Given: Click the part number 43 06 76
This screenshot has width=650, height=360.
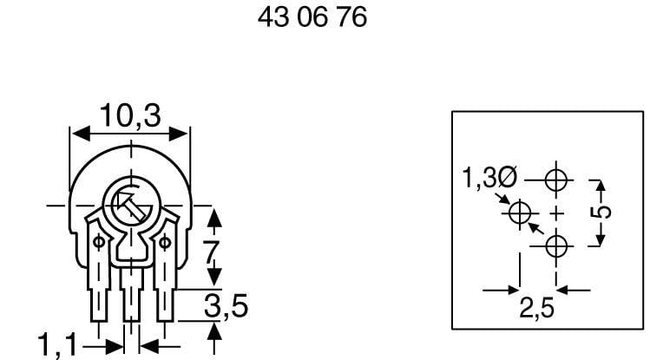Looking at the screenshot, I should pos(312,18).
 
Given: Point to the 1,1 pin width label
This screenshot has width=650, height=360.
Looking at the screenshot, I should pos(58,345).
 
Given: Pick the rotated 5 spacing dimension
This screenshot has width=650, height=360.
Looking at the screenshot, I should pos(604,210).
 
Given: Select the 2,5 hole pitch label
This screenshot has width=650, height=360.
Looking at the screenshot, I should pos(538,308).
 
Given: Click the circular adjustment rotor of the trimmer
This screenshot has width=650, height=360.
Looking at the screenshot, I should pos(128,206).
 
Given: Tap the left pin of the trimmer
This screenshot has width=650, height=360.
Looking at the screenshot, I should pos(100,304).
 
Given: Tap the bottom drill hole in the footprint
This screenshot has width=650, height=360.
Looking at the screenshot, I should pos(556,246).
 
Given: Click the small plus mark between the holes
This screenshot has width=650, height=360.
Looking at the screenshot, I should pos(556,213).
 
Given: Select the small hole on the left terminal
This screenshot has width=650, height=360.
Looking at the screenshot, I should pos(98,242).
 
